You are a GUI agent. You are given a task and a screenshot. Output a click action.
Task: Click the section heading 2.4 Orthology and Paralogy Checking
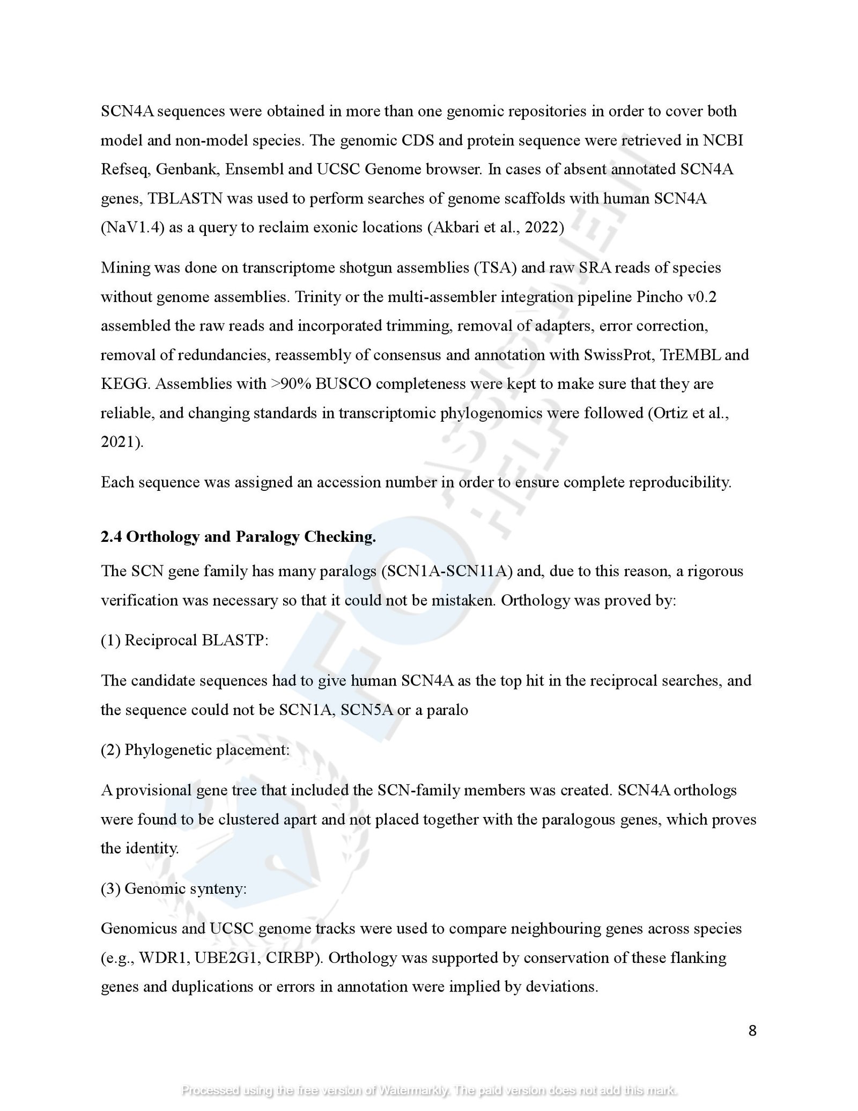pyautogui.click(x=238, y=537)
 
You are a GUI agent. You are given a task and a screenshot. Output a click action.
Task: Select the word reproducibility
pyautogui.click(x=679, y=482)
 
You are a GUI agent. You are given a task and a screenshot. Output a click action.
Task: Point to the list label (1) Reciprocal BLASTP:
pyautogui.click(x=184, y=641)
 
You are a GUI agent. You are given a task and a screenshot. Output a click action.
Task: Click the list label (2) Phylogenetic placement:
pyautogui.click(x=195, y=749)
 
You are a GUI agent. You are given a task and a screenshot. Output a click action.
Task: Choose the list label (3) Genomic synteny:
pyautogui.click(x=174, y=888)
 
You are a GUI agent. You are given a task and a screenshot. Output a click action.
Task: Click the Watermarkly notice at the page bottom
pyautogui.click(x=429, y=1090)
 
